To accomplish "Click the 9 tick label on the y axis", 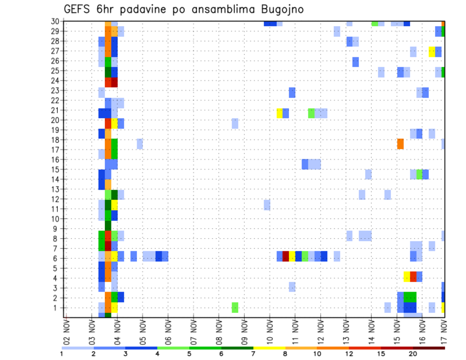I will [x=56, y=229].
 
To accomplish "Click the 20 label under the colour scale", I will [x=413, y=354].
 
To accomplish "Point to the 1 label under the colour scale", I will [x=62, y=354].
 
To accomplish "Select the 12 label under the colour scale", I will [x=349, y=354].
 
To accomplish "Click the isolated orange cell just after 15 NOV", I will [x=400, y=144].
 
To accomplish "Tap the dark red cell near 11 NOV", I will [x=286, y=256].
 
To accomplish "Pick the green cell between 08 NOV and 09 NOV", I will [x=235, y=307].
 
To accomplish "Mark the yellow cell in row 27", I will [x=432, y=51].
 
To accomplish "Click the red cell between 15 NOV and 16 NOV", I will [x=413, y=276].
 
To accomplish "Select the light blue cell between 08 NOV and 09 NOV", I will [x=235, y=123].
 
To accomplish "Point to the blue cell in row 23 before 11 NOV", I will [x=292, y=92].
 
